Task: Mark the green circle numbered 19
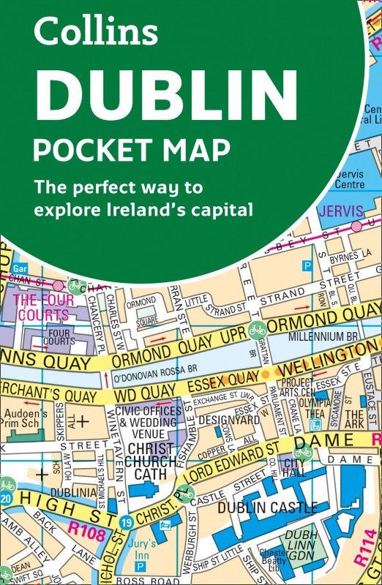point(127,524)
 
